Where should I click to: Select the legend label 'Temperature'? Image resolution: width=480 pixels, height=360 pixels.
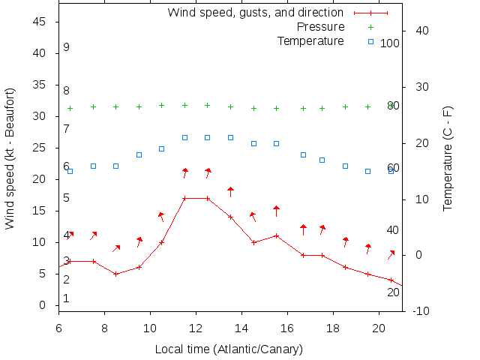[310, 40]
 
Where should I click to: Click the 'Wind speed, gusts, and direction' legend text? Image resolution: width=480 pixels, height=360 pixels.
[256, 13]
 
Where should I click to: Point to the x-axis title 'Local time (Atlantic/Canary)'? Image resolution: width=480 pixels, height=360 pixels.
[228, 349]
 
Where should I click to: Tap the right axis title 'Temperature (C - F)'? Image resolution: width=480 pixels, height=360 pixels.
[448, 158]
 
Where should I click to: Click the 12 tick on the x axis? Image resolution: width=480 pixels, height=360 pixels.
[196, 327]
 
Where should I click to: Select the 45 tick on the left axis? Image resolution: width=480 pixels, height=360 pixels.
[41, 22]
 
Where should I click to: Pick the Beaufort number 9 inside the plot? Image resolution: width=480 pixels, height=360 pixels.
[66, 47]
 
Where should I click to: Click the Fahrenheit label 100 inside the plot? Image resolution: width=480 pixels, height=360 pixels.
[390, 43]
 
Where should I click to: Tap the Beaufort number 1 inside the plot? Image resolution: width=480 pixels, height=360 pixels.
[66, 298]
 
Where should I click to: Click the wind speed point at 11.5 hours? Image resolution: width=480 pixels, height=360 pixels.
[184, 199]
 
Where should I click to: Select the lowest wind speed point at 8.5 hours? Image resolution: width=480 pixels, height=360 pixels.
[115, 274]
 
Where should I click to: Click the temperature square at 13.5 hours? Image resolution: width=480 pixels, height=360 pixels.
[230, 138]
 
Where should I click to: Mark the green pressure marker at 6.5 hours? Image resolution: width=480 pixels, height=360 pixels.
[70, 108]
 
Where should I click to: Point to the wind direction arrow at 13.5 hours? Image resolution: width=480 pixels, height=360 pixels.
[230, 191]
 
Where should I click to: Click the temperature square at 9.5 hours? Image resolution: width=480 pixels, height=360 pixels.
[139, 154]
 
